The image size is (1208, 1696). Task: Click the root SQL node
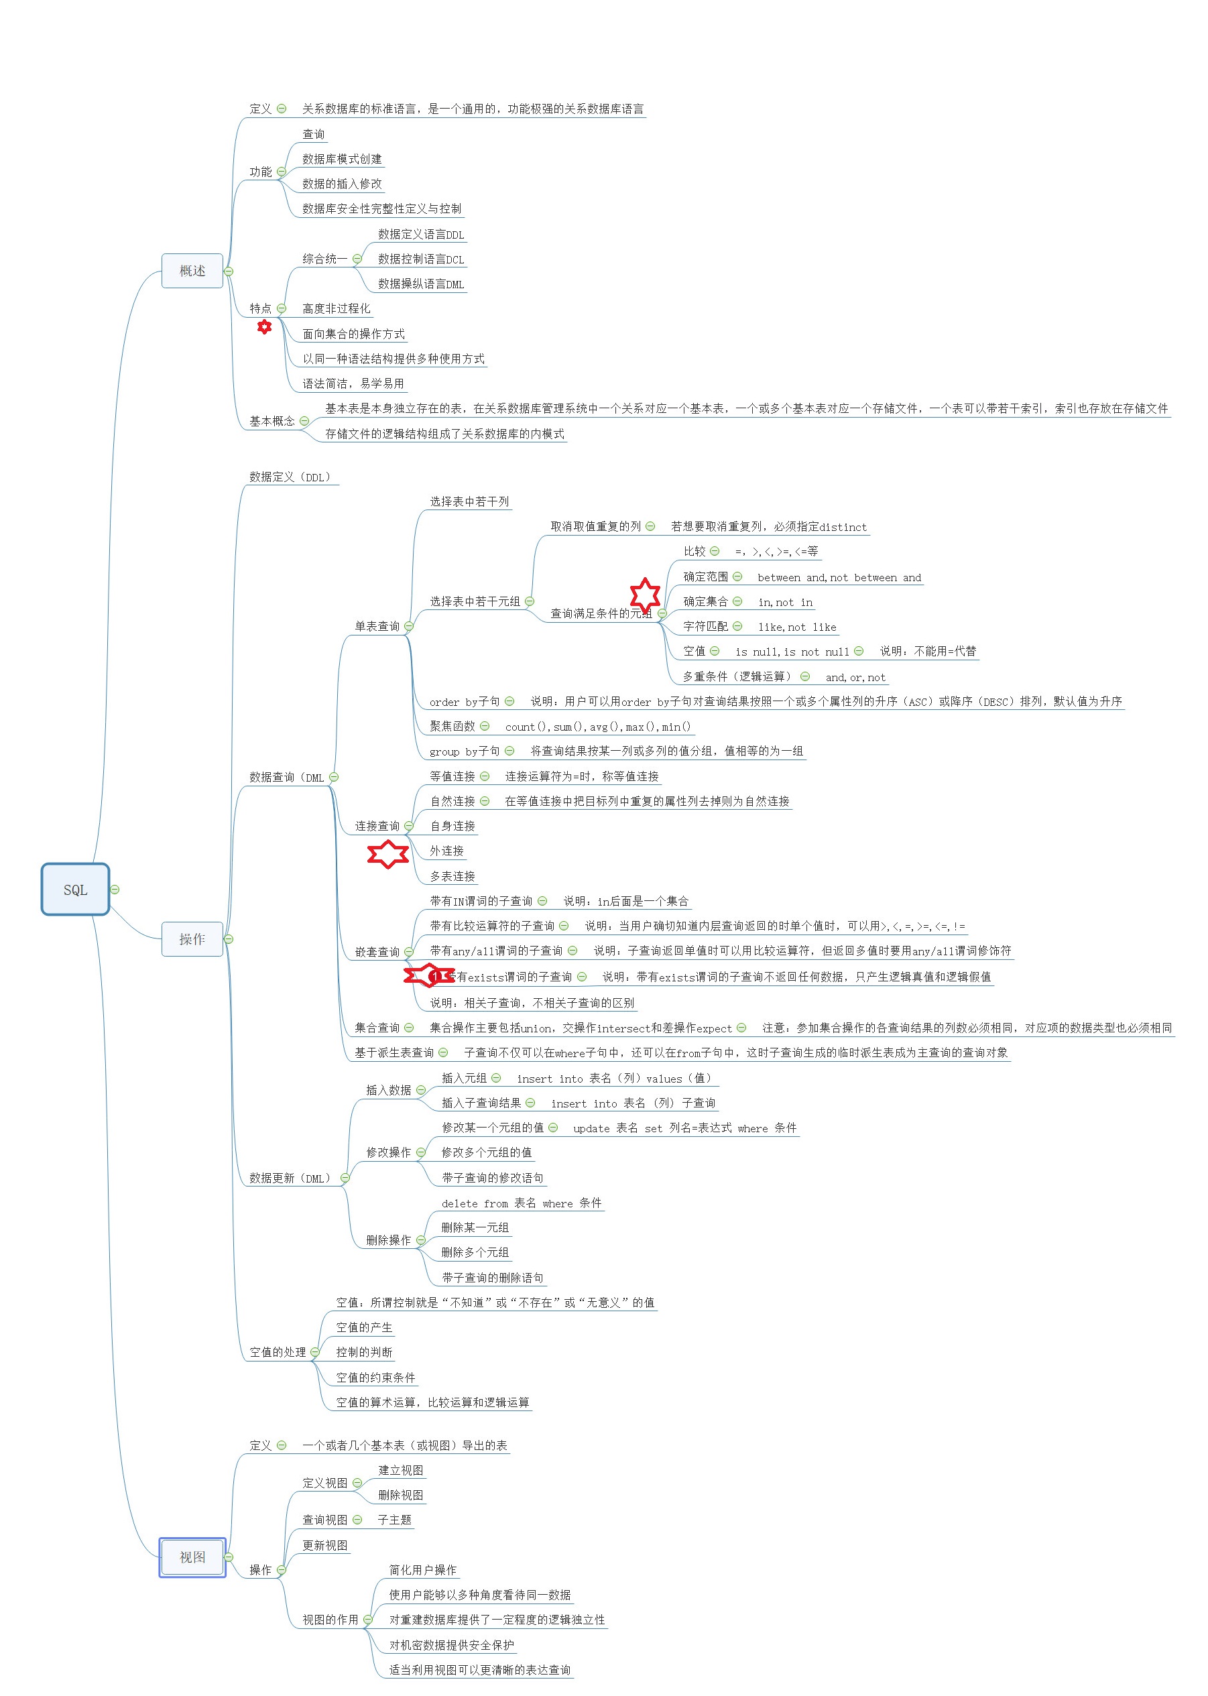tap(75, 889)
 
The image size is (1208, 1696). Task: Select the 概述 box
tap(192, 271)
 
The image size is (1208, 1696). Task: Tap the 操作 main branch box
tap(192, 938)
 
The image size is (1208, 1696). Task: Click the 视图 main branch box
tap(192, 1557)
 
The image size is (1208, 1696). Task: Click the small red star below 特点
tap(264, 326)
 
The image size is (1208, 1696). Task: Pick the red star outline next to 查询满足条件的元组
tap(645, 595)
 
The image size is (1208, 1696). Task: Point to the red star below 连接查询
tap(387, 854)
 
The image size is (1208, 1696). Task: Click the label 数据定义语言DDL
tap(421, 235)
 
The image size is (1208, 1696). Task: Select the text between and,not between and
tap(839, 577)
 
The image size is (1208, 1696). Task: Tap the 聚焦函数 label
tap(452, 726)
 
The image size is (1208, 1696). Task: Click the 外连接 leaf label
tap(446, 850)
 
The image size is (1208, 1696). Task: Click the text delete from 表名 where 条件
tap(521, 1203)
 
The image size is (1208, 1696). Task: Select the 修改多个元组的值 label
tap(487, 1152)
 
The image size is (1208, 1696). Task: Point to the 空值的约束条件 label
tap(375, 1377)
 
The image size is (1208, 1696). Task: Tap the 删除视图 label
tap(400, 1494)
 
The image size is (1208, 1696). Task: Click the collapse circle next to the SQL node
tap(115, 889)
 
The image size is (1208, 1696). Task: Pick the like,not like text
tap(796, 627)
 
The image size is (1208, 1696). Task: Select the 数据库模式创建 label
tap(341, 158)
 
